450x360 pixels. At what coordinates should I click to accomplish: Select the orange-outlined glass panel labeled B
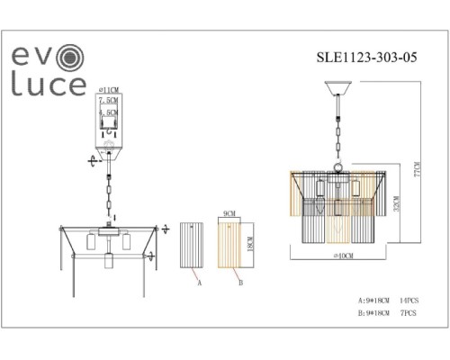click(x=230, y=243)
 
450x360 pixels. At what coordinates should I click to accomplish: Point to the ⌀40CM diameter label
click(x=339, y=257)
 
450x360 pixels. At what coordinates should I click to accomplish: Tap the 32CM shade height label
click(x=397, y=211)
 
